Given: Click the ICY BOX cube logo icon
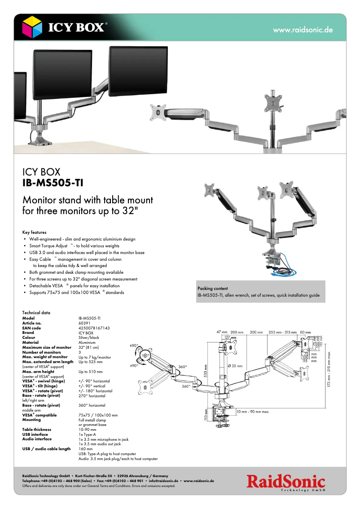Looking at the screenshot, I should [32, 27].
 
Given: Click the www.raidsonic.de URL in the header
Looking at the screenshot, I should [303, 30].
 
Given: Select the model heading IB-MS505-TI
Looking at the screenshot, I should [53, 183].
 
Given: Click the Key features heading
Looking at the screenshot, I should [34, 233].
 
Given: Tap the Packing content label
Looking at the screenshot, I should [212, 289].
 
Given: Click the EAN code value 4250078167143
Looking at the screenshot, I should [94, 328].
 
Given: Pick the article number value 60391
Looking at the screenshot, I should [84, 323].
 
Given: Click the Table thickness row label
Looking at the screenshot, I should [37, 430].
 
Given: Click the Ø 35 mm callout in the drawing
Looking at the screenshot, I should [235, 366].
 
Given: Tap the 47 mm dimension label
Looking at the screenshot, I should [222, 332].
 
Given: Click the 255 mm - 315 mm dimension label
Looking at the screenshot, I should [282, 332].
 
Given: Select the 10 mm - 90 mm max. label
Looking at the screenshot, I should [252, 412].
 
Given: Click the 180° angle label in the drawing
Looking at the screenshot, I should [145, 355].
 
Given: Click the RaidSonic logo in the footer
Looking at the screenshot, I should [285, 483].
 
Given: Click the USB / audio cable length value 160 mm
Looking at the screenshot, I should [86, 449].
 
